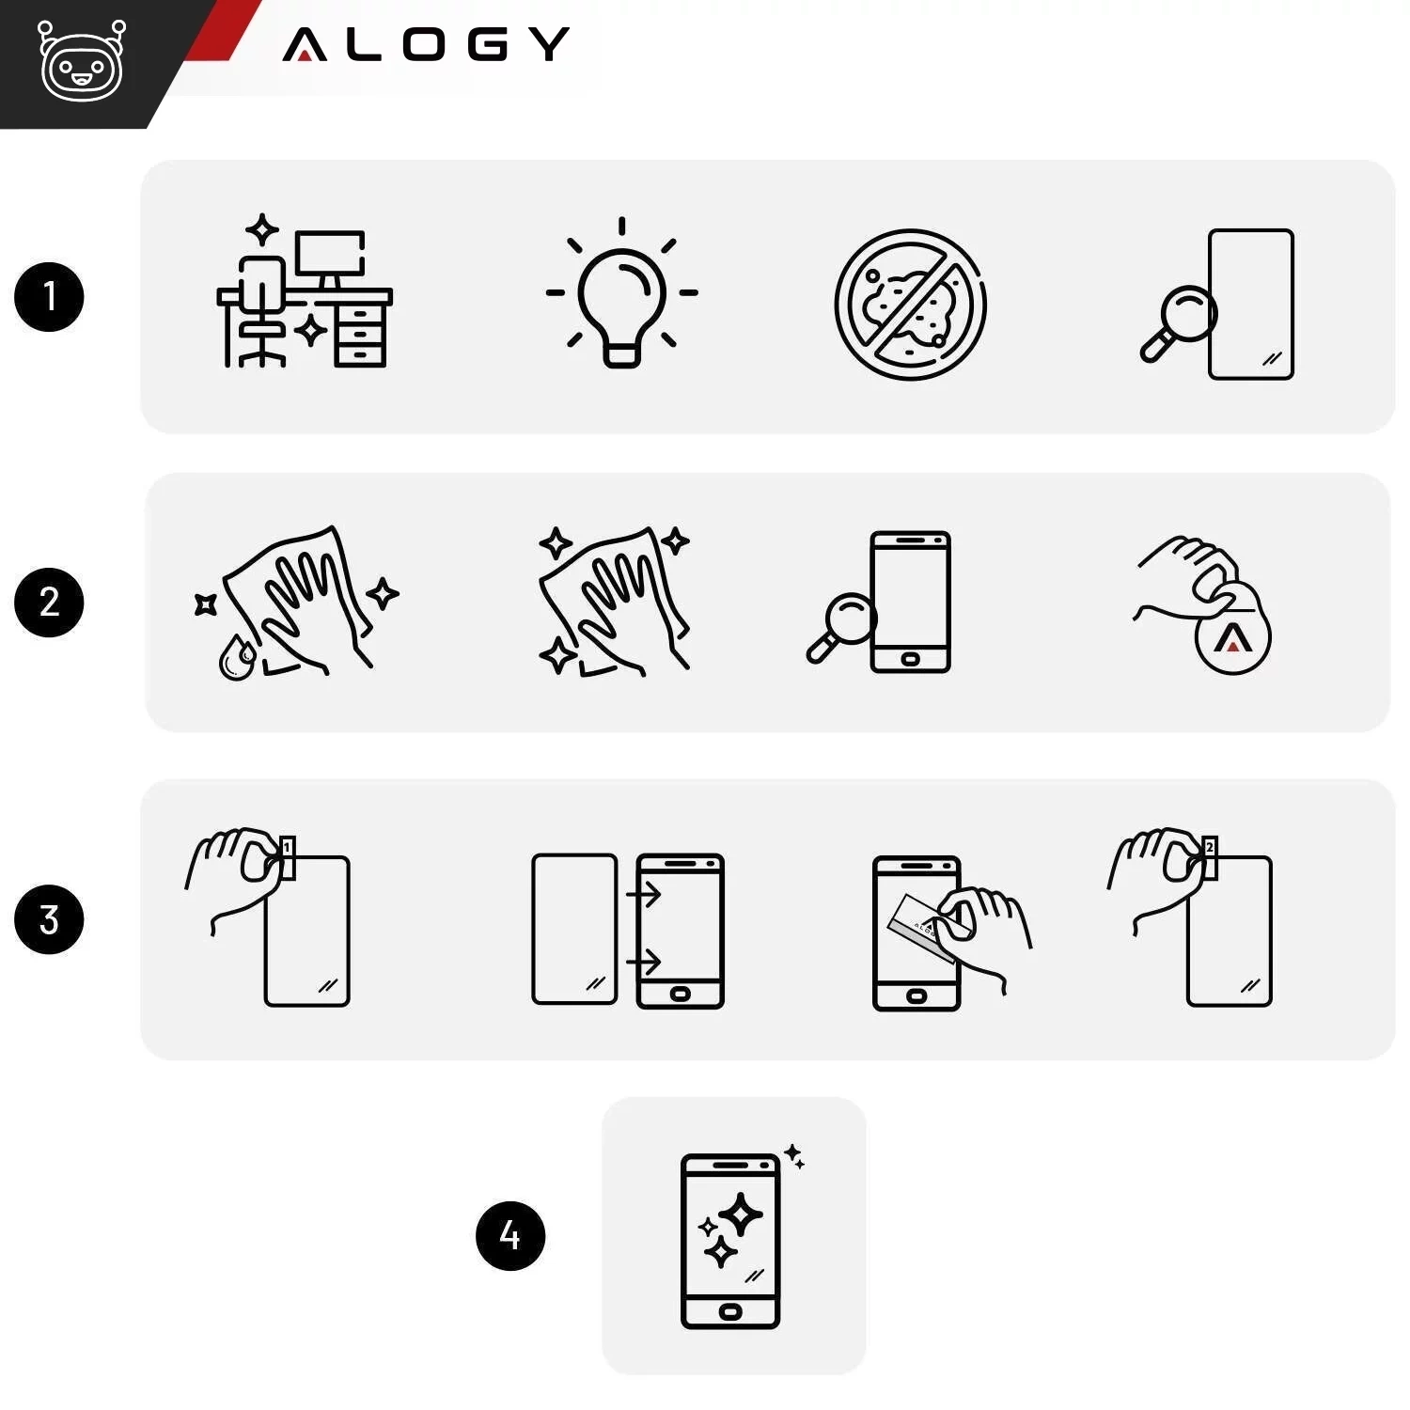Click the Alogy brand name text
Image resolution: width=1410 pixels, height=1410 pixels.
tap(426, 44)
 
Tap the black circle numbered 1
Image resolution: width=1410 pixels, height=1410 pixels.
tap(49, 297)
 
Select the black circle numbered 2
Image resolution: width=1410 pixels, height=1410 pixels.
tap(49, 603)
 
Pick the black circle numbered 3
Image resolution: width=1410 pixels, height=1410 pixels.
tap(49, 919)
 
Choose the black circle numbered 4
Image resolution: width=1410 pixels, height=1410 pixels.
tap(510, 1235)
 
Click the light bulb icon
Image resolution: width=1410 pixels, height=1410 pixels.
tap(621, 293)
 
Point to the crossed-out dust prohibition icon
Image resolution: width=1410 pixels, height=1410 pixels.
tap(910, 305)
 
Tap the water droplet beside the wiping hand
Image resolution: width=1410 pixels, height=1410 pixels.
tap(236, 658)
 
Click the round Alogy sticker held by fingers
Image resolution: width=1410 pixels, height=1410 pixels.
tap(1232, 637)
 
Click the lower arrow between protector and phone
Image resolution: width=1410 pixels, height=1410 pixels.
tap(644, 961)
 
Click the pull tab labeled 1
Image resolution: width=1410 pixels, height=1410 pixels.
tap(288, 858)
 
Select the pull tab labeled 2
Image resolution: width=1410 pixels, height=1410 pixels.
tap(1210, 858)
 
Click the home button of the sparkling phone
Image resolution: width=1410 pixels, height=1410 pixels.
tap(730, 1311)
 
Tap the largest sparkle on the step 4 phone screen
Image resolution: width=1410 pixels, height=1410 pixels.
tap(741, 1214)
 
